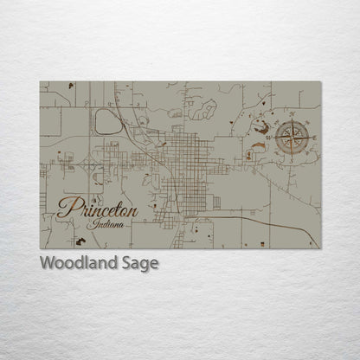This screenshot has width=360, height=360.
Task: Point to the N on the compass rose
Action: pos(292,114)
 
